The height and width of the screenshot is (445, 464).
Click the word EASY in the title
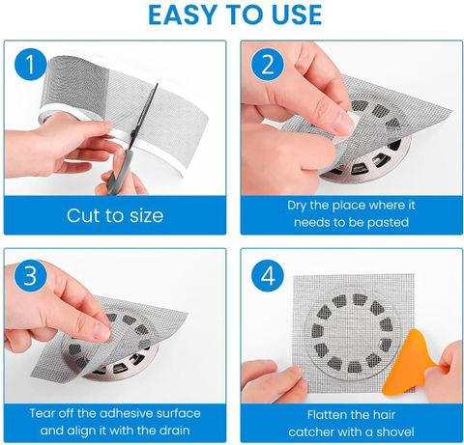coord(182,14)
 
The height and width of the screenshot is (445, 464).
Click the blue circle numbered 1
coord(30,64)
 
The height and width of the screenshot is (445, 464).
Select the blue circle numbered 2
coord(268,65)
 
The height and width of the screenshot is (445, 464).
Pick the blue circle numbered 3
coord(30,275)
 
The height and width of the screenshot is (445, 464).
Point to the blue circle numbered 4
coord(268,276)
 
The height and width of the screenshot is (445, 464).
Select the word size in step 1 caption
coord(146,216)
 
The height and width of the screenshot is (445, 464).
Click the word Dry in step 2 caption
coord(297,206)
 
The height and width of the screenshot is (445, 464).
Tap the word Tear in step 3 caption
coord(41,413)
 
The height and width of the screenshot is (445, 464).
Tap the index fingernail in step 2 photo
coord(343,123)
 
